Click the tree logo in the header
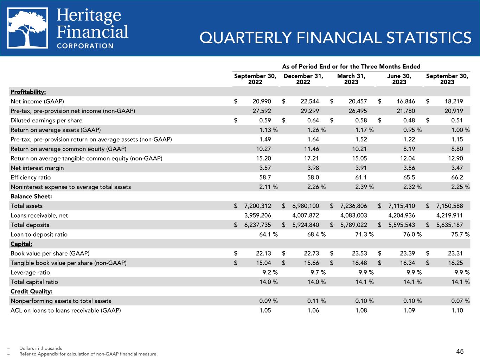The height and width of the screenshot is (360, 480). click(x=28, y=28)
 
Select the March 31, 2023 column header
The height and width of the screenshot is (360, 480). click(x=351, y=79)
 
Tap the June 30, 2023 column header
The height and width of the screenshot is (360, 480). click(x=399, y=79)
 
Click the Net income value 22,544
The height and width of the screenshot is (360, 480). click(x=310, y=101)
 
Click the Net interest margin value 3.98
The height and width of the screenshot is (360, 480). click(x=312, y=168)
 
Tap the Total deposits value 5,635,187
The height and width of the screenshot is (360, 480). click(x=449, y=225)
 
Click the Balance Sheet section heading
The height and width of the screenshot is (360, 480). click(x=26, y=197)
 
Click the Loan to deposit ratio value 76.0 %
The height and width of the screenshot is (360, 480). click(x=411, y=234)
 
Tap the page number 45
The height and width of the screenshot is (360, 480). click(x=460, y=351)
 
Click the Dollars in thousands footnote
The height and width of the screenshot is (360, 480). click(x=40, y=348)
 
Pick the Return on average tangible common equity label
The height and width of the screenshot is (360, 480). click(x=87, y=159)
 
